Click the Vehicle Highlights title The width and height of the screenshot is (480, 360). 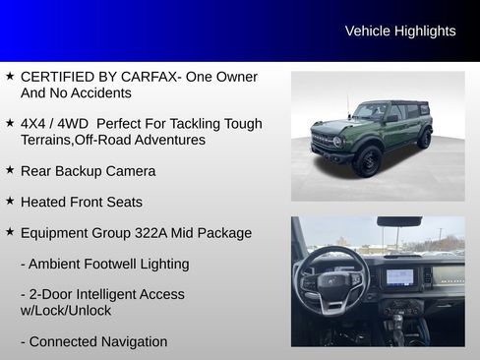399,31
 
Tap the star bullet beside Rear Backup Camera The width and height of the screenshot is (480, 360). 10,170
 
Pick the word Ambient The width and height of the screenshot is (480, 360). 57,264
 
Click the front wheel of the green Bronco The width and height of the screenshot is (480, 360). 367,160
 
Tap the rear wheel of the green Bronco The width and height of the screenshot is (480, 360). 424,139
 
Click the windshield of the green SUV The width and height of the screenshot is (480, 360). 372,111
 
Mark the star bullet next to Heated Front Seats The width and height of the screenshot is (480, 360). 10,202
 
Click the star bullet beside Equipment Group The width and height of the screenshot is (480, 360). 10,233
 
